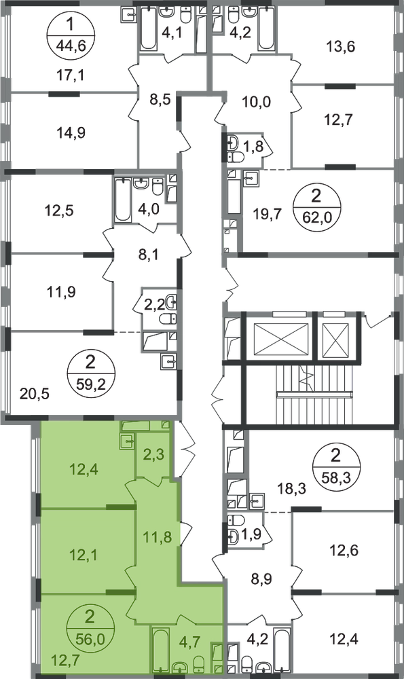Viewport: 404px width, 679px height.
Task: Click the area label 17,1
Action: [x=71, y=76]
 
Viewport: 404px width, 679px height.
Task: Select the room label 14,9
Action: [x=71, y=132]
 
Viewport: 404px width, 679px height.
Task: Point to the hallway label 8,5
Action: [x=159, y=99]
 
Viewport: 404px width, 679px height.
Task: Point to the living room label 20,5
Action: [x=35, y=394]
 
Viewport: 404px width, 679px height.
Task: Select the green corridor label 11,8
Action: [x=157, y=537]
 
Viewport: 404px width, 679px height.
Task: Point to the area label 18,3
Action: [x=292, y=490]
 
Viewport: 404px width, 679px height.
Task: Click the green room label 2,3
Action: [x=154, y=456]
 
